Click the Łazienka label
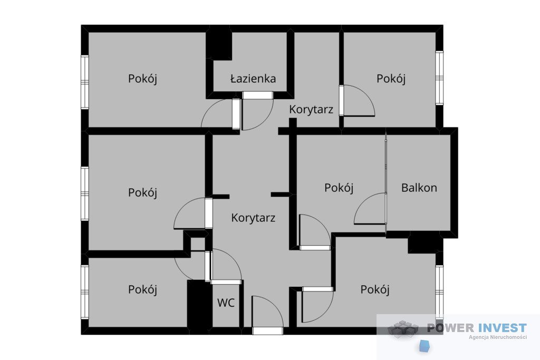[x=253, y=79]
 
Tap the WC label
[x=226, y=303]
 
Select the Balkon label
[x=419, y=188]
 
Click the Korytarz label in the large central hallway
[x=253, y=218]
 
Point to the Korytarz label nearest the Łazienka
[x=311, y=110]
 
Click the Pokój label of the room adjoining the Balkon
[x=339, y=188]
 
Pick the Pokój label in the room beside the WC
[x=142, y=289]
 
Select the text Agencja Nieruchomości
[x=498, y=337]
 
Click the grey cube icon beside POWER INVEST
[x=403, y=329]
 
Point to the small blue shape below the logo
[x=425, y=346]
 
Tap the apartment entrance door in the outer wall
[x=267, y=330]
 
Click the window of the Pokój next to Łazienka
[x=85, y=82]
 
